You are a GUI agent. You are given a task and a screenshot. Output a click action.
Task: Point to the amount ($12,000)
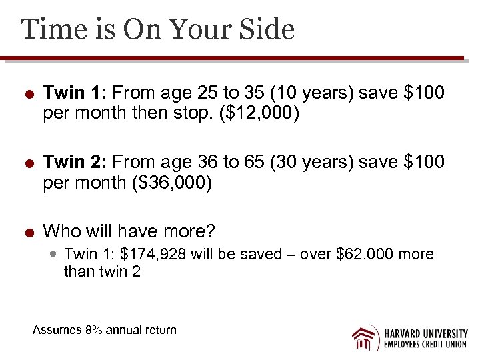click(x=258, y=115)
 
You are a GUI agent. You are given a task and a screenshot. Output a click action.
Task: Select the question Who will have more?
click(x=129, y=231)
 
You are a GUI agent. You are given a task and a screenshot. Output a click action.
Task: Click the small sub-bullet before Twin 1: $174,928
click(x=55, y=254)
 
